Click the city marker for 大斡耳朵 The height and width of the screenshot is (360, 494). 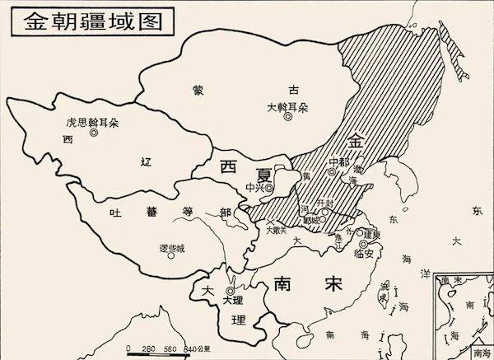(x=287, y=117)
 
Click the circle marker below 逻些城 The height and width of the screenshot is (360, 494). (x=172, y=255)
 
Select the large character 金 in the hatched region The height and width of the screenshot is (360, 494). (x=355, y=139)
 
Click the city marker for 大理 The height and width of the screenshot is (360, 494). (x=230, y=291)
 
